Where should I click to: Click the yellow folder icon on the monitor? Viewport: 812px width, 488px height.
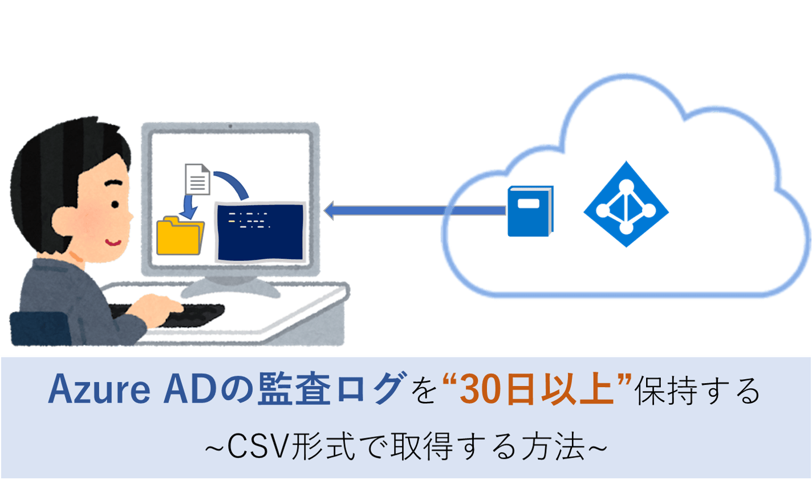pos(180,235)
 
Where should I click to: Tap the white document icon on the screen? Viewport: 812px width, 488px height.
pos(197,180)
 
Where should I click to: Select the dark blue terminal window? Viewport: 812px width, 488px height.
pos(261,232)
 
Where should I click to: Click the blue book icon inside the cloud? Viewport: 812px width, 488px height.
pos(530,211)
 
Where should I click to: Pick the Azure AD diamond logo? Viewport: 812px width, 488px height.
pos(626,204)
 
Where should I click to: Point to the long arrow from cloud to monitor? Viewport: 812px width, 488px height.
pos(415,210)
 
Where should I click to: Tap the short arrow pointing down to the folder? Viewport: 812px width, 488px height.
pos(188,207)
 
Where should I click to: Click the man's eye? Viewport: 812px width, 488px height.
pos(115,205)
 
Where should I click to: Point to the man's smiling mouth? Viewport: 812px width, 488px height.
pos(113,242)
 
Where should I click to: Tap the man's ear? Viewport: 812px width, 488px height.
pos(65,222)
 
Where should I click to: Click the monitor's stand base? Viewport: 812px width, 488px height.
pos(230,288)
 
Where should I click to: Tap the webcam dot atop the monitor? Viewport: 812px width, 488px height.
pos(230,127)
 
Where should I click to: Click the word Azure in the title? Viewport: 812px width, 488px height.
pos(99,389)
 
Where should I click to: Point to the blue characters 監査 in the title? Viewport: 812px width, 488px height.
pos(294,389)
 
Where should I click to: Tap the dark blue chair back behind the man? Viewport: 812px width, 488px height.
pos(40,328)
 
